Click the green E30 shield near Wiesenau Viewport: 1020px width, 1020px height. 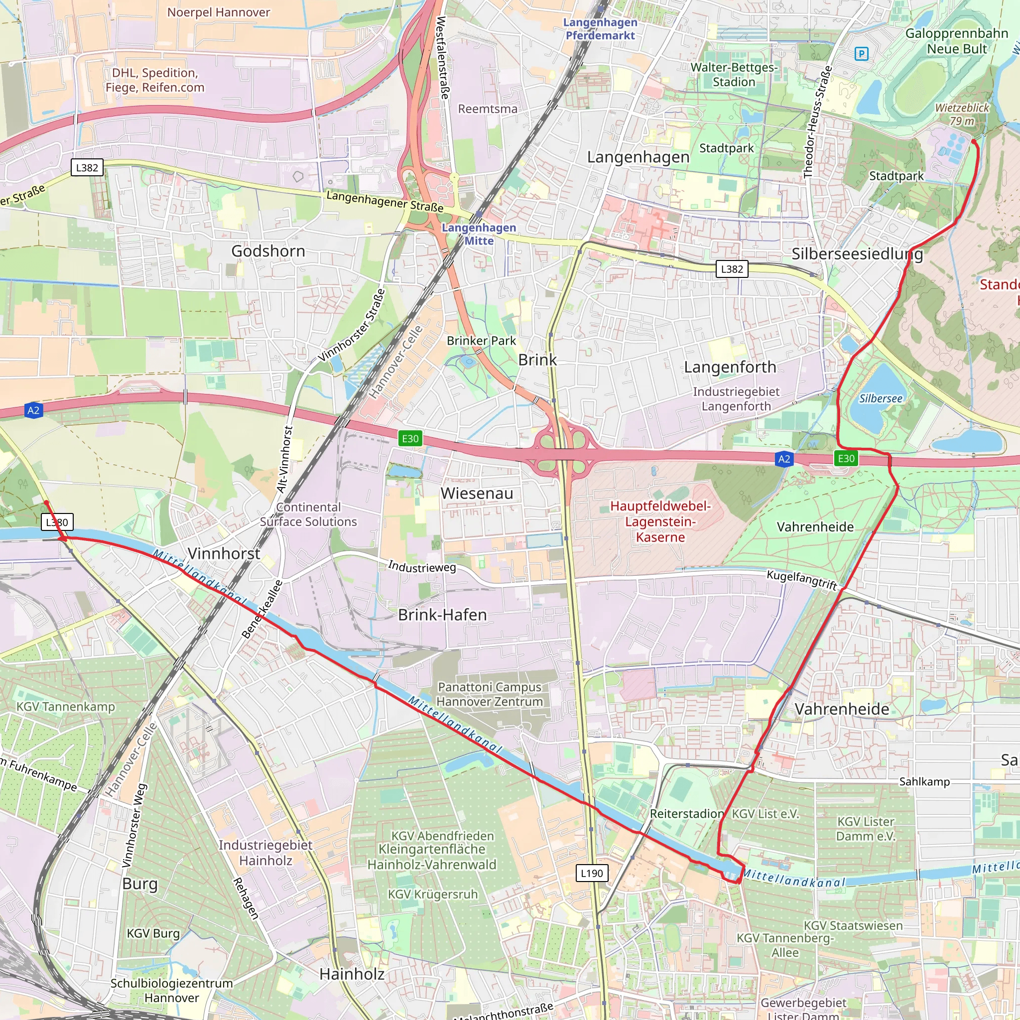410,438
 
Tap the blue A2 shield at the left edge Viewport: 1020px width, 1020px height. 33,410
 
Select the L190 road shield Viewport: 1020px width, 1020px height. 591,873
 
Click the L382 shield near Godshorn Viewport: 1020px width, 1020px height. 87,168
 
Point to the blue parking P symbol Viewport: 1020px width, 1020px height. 861,53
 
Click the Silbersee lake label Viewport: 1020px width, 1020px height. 880,398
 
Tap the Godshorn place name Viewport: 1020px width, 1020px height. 268,251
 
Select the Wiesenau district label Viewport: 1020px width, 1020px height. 477,493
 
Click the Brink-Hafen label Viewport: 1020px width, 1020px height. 442,615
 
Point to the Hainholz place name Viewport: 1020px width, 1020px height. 352,974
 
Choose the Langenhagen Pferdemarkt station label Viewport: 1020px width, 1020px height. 600,29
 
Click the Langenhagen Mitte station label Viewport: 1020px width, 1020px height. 479,234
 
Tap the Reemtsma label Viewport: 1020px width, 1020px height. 487,109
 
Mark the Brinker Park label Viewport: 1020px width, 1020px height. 481,341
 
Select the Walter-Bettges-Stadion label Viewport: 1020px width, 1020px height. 734,74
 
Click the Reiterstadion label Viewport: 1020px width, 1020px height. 686,814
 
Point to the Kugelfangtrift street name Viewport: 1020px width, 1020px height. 801,579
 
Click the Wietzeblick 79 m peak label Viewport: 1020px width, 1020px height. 962,114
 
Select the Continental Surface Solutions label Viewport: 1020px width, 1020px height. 308,514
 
